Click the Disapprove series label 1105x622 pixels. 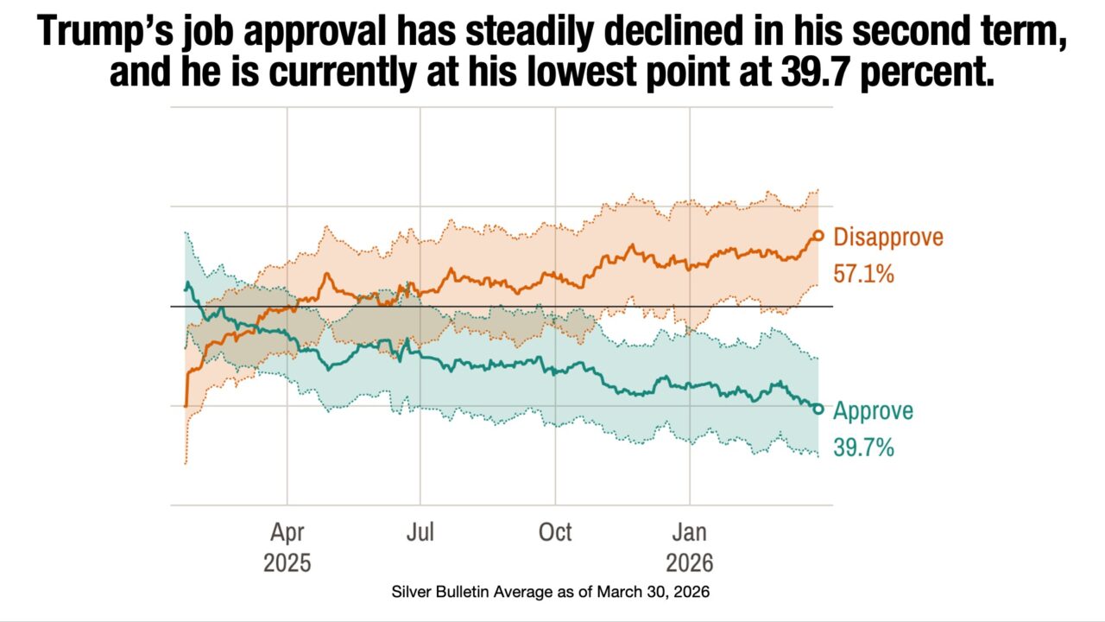click(x=888, y=237)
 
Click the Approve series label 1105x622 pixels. click(x=873, y=410)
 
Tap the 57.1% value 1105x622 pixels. click(x=863, y=275)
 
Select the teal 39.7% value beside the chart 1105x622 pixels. click(x=863, y=448)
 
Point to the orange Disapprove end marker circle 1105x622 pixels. click(x=818, y=235)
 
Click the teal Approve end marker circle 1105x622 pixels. click(x=818, y=409)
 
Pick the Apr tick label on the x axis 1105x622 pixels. click(x=287, y=531)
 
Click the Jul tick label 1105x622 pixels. click(x=420, y=531)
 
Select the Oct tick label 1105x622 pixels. click(x=555, y=531)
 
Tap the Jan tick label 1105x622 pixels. click(x=690, y=531)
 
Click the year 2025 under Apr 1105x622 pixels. click(x=287, y=563)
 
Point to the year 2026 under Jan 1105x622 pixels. click(x=690, y=563)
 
